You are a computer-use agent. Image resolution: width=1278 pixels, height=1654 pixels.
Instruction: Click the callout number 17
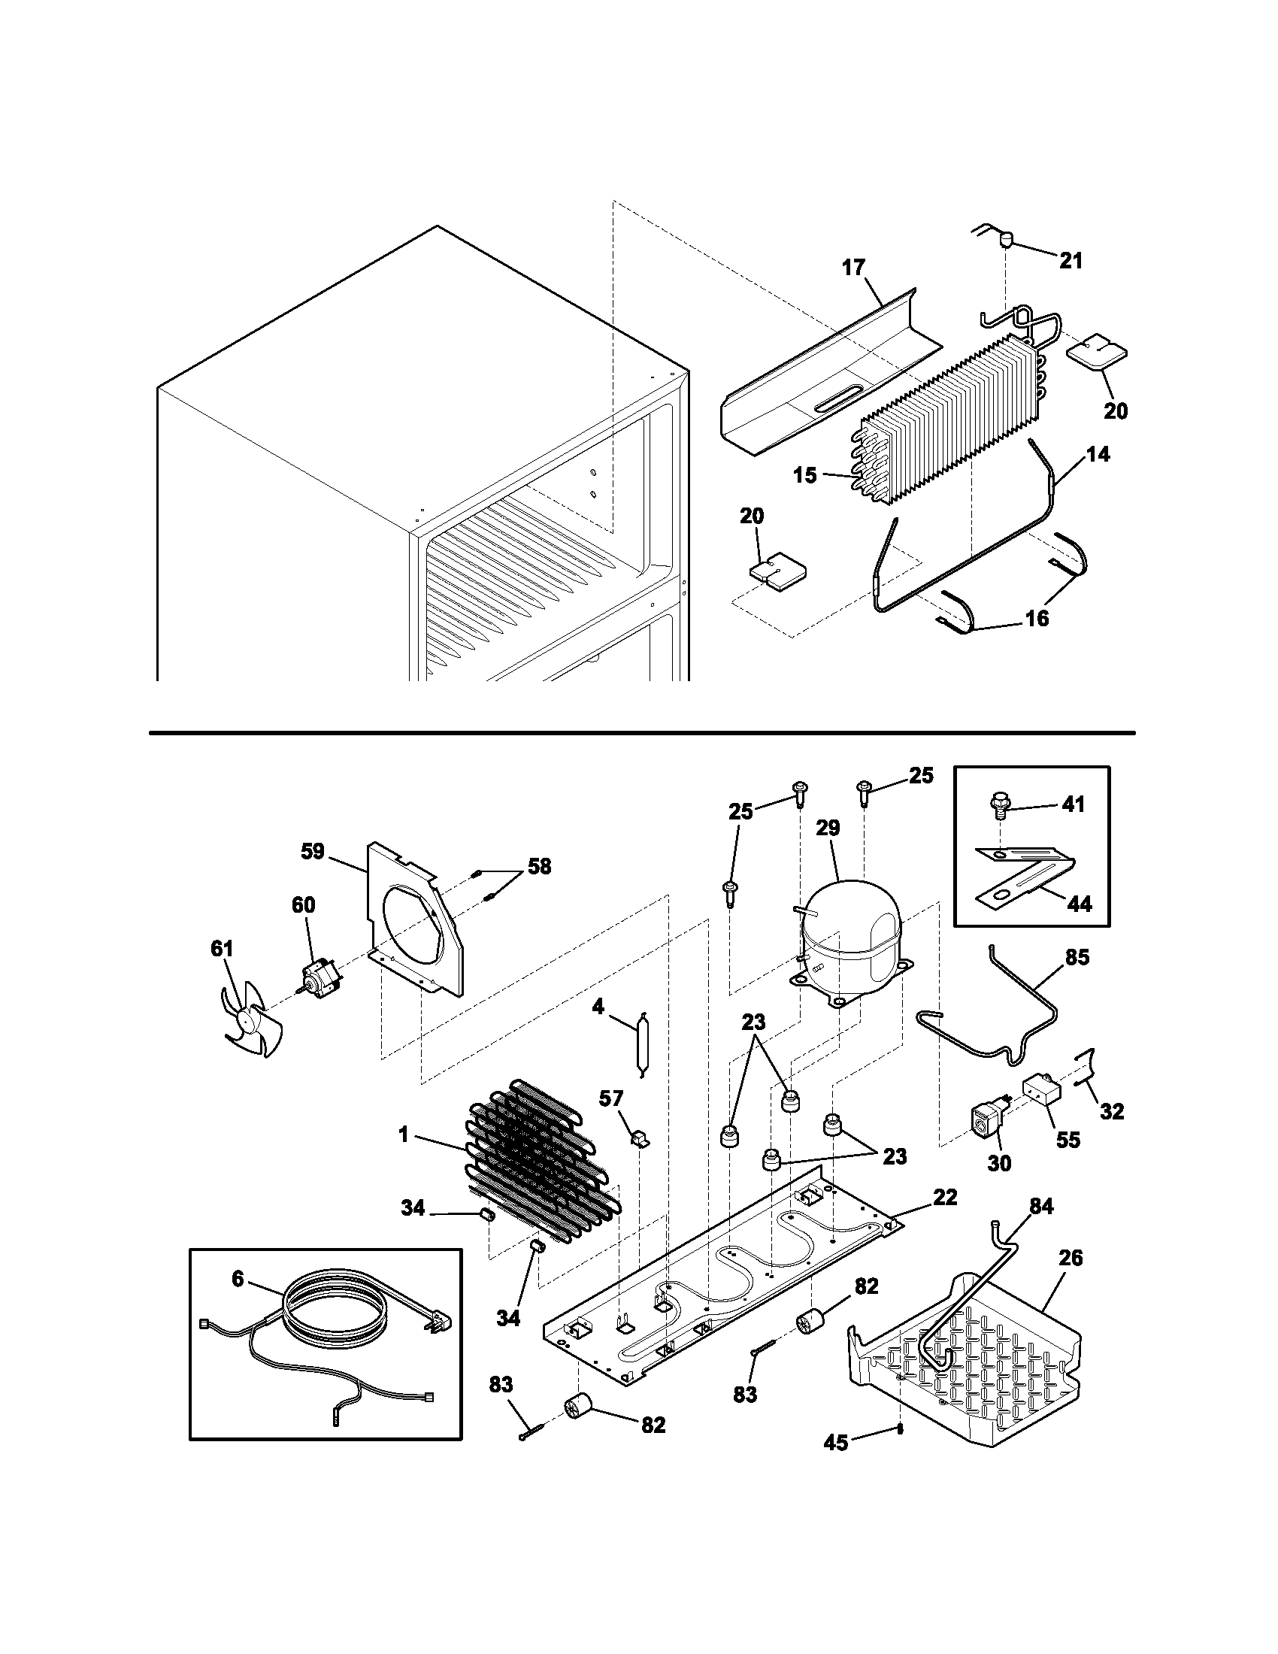pyautogui.click(x=853, y=268)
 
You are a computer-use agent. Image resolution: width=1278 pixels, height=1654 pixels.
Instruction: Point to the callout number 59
pyautogui.click(x=312, y=851)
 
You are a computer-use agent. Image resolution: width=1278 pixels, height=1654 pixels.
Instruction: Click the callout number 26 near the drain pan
pyautogui.click(x=1071, y=1258)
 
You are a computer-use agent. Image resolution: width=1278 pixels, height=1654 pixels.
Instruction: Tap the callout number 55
pyautogui.click(x=1068, y=1161)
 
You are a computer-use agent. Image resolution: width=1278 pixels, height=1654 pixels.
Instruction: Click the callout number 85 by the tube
pyautogui.click(x=1077, y=957)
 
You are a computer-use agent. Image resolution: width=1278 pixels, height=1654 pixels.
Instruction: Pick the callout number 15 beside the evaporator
pyautogui.click(x=805, y=476)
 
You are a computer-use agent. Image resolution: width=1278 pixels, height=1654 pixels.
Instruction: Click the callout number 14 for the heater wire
pyautogui.click(x=1098, y=454)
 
